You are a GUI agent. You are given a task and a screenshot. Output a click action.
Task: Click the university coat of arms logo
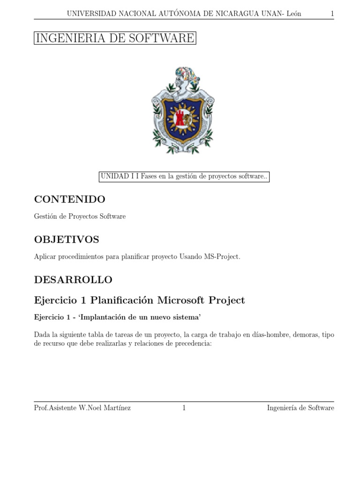pos(183,111)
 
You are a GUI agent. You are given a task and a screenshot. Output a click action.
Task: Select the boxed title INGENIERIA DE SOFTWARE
pos(115,38)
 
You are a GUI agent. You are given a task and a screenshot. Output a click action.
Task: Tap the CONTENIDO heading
pos(70,199)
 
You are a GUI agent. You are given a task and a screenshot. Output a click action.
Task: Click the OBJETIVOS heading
pos(67,240)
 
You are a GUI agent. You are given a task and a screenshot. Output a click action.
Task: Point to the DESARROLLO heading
pos(73,280)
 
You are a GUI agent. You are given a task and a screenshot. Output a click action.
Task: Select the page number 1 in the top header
pos(332,14)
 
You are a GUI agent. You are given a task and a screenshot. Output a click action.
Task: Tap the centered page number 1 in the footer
pos(184,408)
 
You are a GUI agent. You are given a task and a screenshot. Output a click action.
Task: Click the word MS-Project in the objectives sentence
pos(221,257)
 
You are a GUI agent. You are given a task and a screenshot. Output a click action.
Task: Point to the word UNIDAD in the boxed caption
pos(112,177)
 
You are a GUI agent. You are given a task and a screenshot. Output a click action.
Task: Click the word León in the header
pos(292,14)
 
